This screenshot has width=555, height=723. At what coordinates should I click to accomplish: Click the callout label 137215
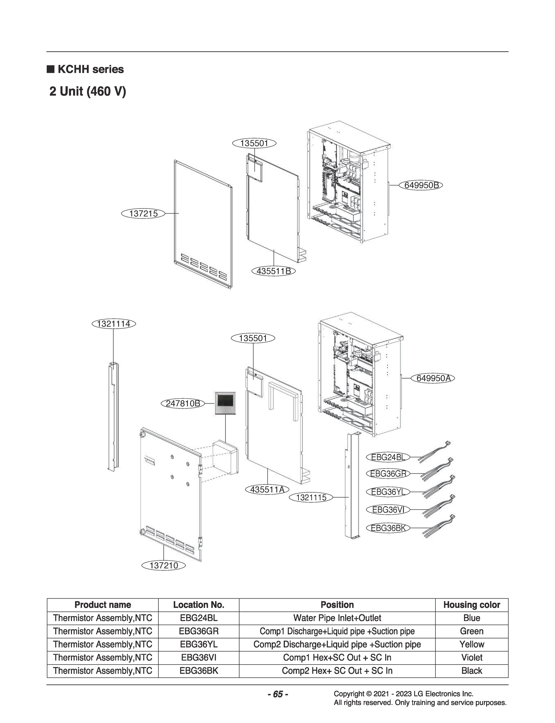[143, 214]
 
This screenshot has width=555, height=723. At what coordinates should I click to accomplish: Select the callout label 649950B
[421, 185]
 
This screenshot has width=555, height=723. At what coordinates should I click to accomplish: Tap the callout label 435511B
[273, 271]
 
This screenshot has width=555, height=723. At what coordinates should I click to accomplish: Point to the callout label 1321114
[114, 324]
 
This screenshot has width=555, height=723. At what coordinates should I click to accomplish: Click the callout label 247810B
[183, 403]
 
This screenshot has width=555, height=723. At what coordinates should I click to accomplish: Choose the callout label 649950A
[433, 378]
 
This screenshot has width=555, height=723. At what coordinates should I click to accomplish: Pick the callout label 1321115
[311, 497]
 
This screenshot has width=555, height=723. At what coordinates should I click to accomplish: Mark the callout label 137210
[164, 565]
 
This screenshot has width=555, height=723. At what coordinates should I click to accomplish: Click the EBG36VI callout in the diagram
[388, 510]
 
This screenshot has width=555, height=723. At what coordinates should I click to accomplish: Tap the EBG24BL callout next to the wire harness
[388, 457]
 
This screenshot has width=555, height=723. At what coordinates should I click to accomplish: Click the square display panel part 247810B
[226, 403]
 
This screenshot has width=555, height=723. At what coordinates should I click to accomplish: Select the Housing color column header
[471, 605]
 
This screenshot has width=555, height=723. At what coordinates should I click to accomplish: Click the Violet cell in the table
[471, 657]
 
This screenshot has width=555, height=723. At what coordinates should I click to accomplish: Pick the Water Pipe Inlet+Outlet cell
[337, 618]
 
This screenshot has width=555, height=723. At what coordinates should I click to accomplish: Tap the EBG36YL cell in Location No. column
[198, 644]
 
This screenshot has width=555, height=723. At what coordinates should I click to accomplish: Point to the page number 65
[278, 694]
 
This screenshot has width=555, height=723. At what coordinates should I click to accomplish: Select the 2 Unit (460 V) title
[88, 91]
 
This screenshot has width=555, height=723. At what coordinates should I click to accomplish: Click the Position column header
[337, 605]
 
